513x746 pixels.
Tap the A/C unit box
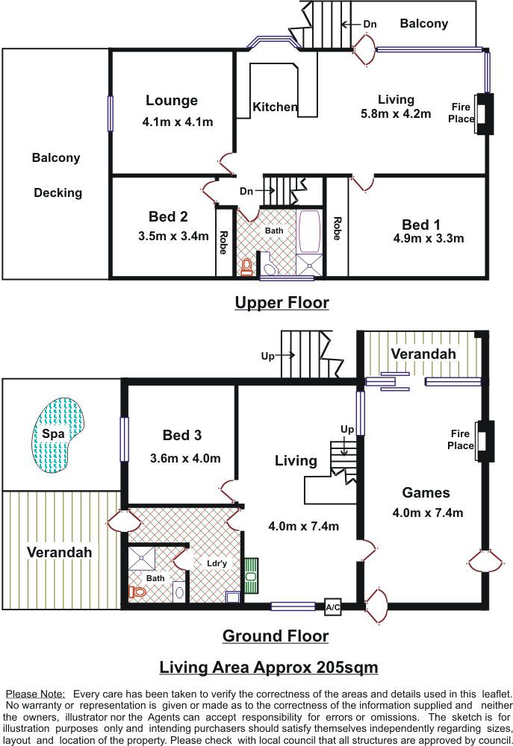[333, 607]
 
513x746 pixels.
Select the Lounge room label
[172, 101]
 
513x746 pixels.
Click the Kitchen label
[275, 107]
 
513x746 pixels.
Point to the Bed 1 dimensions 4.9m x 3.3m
[428, 239]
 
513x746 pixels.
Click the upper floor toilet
[246, 266]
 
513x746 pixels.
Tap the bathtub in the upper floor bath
[310, 232]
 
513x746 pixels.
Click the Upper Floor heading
[282, 303]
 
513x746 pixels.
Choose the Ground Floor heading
[276, 636]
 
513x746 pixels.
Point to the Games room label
[426, 492]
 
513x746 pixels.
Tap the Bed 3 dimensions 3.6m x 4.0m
[185, 458]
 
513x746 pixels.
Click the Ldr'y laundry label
[217, 563]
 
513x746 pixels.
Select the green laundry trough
[251, 576]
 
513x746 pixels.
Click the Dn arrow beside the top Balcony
[352, 25]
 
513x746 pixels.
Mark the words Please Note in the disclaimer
[35, 694]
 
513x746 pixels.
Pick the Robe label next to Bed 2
[223, 242]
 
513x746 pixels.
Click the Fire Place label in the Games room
[461, 439]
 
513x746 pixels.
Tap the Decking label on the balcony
[58, 192]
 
